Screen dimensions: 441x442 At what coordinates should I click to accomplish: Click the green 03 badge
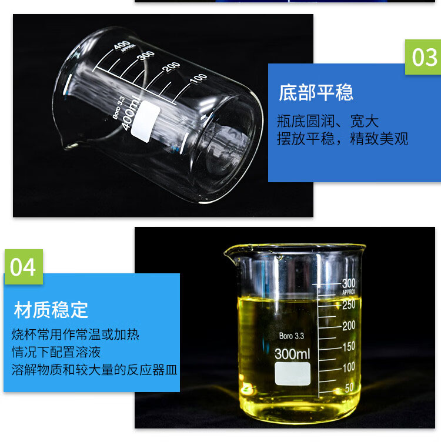point(423,57)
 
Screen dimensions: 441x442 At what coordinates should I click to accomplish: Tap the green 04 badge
point(24,267)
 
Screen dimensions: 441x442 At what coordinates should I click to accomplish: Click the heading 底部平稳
point(316,92)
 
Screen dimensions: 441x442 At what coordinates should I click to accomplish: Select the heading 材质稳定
point(51,310)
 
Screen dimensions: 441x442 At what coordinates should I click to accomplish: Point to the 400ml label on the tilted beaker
point(131,113)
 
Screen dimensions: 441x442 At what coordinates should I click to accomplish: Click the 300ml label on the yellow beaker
point(292,354)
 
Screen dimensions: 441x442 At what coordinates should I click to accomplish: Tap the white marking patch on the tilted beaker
point(145,121)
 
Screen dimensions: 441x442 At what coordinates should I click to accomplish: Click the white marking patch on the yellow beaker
point(293,374)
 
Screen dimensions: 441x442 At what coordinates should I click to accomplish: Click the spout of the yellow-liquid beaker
point(230,255)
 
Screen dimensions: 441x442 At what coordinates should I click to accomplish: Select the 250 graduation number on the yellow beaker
point(349,304)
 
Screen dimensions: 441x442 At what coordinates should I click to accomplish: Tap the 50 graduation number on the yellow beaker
point(349,388)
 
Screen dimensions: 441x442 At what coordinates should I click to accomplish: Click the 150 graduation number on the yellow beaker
point(349,346)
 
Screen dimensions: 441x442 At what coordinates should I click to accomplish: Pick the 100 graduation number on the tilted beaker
point(199,78)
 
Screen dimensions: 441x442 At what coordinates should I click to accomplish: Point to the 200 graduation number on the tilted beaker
point(172,67)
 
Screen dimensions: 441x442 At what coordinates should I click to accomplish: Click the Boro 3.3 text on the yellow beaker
point(292,336)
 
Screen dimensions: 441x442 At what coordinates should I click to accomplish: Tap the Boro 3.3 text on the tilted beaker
point(118,108)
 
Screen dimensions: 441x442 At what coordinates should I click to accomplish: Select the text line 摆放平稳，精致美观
point(343,139)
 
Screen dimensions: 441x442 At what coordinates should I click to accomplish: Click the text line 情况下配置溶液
point(56,352)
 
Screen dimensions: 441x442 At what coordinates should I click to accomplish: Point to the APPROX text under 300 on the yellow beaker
point(349,292)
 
